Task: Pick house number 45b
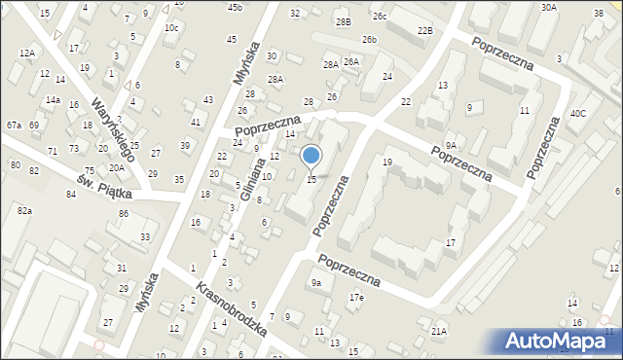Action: coord(235,8)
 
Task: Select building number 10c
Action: coord(171,28)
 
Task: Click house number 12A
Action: coord(26,53)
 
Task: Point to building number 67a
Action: coord(14,126)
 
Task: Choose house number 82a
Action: coord(23,211)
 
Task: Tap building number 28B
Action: coord(342,21)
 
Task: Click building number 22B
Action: coord(424,31)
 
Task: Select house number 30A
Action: coord(549,8)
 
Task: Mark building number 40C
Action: coord(579,114)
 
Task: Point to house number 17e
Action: coord(357,297)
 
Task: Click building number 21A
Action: coord(439,332)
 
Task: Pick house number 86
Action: coord(124,213)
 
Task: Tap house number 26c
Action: coord(380,17)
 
